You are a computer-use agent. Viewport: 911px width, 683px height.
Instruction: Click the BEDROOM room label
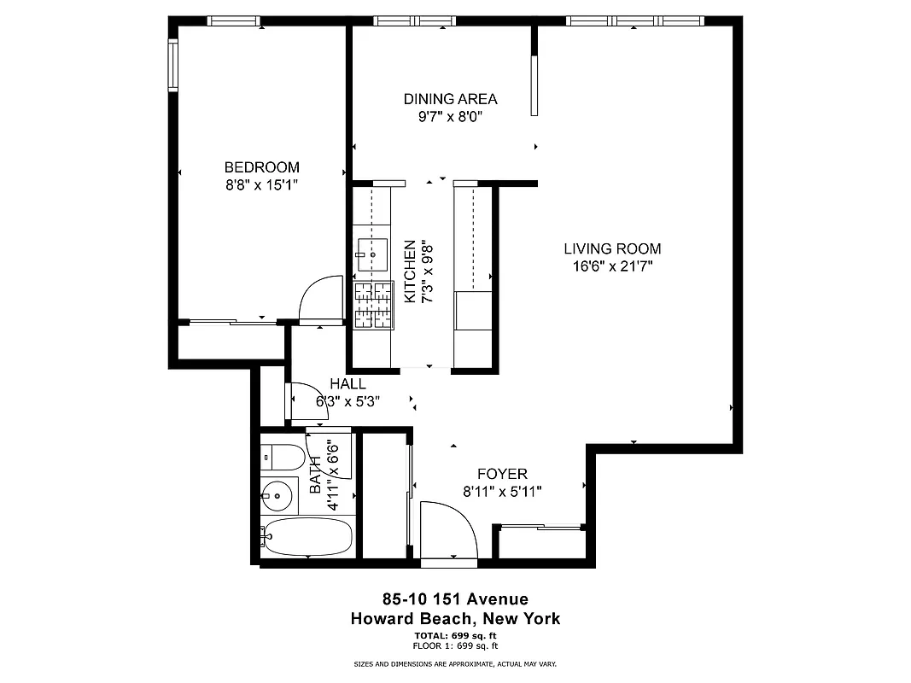261,167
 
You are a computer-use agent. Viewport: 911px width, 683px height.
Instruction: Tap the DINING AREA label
450,99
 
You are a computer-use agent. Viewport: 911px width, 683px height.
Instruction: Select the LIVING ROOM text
612,249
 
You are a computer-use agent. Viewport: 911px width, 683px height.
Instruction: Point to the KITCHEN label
410,271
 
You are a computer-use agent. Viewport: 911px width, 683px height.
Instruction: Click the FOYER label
501,474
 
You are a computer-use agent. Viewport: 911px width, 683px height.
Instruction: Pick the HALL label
347,384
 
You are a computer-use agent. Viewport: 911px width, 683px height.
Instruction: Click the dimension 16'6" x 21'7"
612,266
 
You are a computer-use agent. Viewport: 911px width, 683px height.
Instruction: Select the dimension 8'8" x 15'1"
261,184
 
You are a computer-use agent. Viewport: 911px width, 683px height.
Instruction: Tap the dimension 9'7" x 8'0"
450,117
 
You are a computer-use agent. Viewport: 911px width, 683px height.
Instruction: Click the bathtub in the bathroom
307,538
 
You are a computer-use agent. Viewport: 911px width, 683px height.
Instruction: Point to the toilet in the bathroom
281,457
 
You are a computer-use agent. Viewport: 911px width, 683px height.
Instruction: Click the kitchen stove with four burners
373,305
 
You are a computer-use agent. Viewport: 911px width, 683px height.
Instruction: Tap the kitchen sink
372,254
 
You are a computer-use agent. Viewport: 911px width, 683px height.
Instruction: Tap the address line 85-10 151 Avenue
455,599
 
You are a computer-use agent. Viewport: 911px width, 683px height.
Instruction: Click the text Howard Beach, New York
455,619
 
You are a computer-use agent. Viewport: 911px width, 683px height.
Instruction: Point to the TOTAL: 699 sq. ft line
455,636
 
